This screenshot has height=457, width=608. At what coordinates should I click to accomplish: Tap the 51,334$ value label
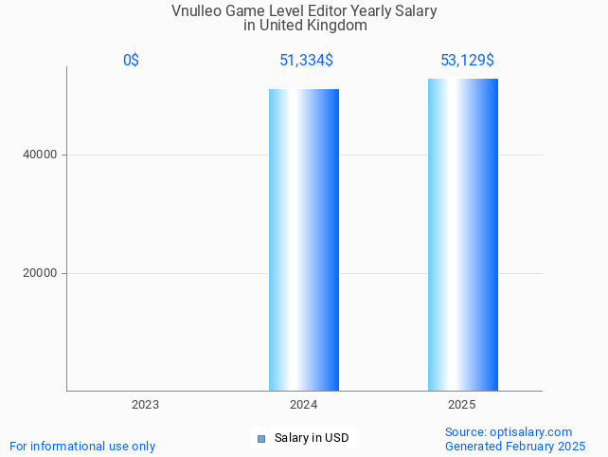click(x=305, y=61)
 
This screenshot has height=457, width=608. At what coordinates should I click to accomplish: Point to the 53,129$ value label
click(x=466, y=61)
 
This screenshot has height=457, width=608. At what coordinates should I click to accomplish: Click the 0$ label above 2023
click(x=131, y=61)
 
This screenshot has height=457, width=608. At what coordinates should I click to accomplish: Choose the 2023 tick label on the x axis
click(x=145, y=405)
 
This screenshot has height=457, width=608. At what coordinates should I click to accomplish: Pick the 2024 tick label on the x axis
click(x=303, y=405)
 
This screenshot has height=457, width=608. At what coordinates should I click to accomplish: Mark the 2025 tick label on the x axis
click(x=462, y=405)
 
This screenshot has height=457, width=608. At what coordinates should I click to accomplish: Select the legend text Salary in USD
click(x=312, y=438)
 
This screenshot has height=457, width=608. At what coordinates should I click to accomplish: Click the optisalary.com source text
click(x=509, y=431)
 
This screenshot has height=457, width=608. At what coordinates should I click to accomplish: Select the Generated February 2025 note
click(x=514, y=446)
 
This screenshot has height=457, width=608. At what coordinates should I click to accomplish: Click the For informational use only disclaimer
click(x=82, y=446)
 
